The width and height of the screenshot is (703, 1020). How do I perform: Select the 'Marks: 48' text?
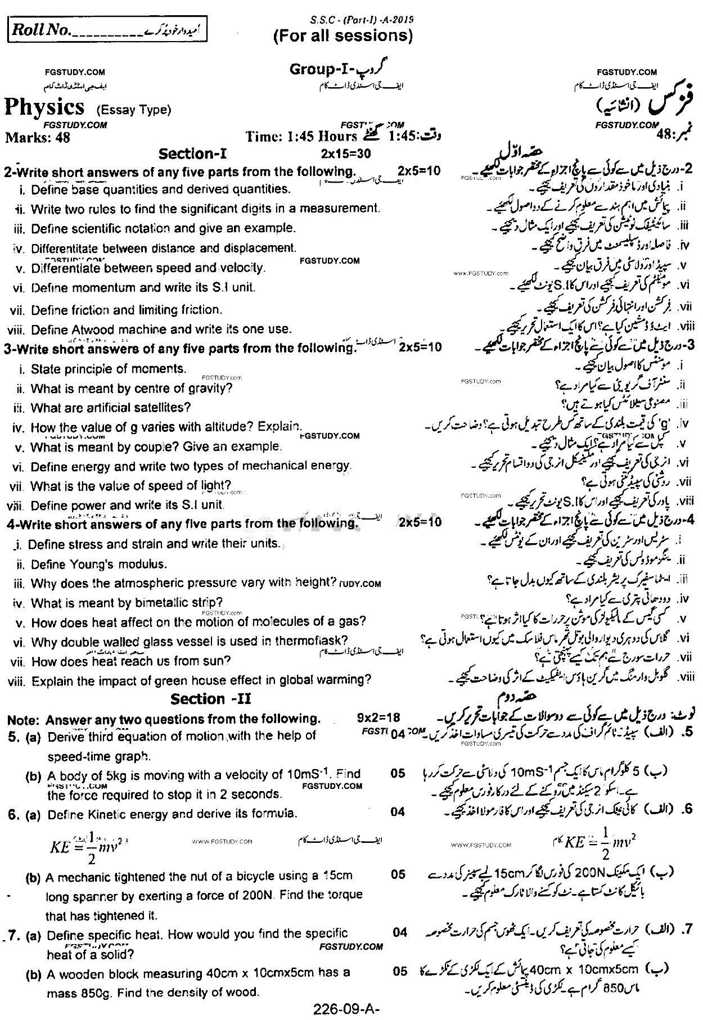click(38, 137)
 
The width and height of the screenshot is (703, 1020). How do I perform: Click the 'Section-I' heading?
click(193, 154)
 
